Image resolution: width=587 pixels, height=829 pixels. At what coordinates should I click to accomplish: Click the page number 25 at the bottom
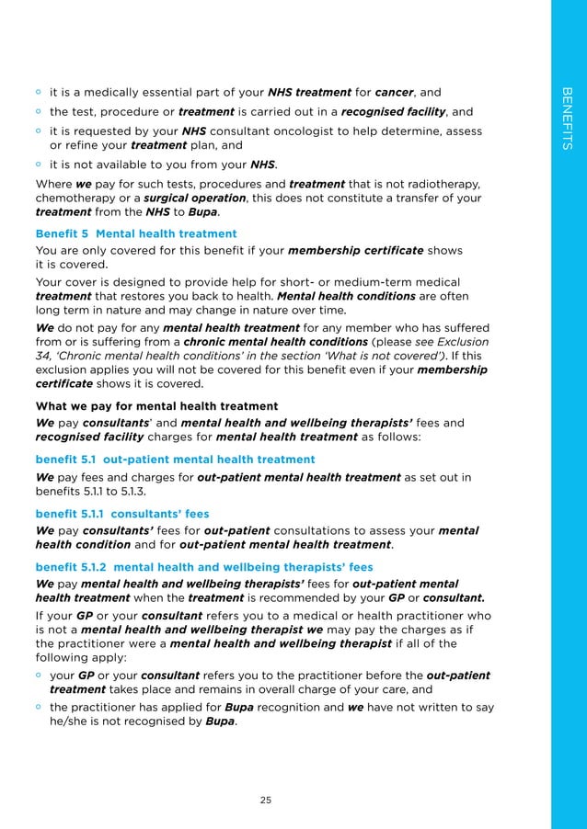(x=265, y=801)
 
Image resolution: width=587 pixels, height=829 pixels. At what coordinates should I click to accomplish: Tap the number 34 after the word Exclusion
(x=45, y=356)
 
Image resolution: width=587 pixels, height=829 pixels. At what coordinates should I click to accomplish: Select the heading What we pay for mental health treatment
(x=156, y=405)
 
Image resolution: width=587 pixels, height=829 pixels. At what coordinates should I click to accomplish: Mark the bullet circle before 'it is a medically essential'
(x=39, y=92)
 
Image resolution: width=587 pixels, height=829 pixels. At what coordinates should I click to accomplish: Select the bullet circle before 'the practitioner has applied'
(x=39, y=708)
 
